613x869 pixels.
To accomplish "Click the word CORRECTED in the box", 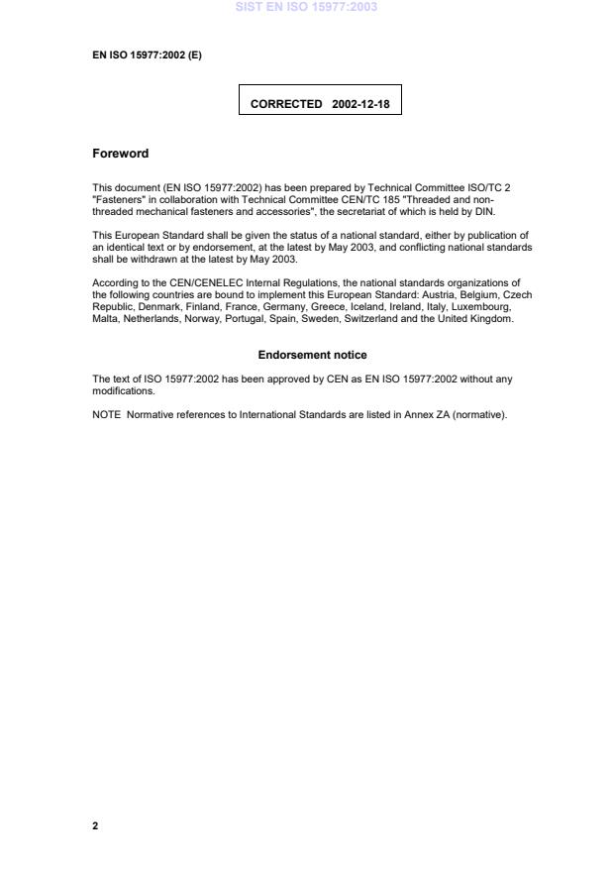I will (286, 103).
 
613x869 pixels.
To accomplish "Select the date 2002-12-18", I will (359, 103).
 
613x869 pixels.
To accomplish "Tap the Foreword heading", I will (120, 154).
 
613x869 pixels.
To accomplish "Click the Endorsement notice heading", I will (312, 354).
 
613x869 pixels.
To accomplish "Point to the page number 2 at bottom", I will (95, 824).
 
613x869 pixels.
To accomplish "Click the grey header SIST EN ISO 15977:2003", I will (306, 8).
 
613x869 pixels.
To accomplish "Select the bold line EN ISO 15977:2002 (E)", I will (147, 55).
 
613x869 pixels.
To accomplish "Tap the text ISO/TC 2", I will (488, 187).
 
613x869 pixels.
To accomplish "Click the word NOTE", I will (107, 414).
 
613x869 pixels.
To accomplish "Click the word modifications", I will (123, 390).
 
